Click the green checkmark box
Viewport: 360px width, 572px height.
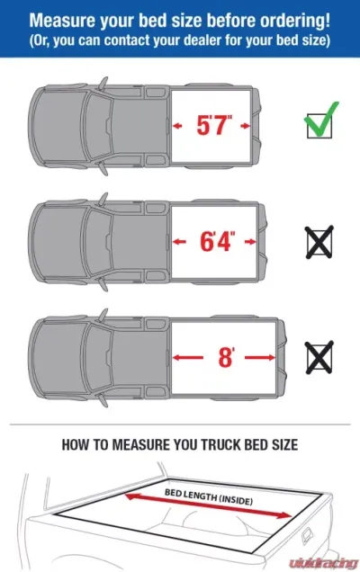click(x=319, y=121)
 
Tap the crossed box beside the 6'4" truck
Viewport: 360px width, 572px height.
click(x=319, y=242)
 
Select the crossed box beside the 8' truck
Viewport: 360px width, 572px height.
click(x=319, y=357)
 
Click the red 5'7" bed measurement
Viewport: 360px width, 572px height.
click(x=214, y=125)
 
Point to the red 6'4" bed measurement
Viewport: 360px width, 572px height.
click(x=218, y=241)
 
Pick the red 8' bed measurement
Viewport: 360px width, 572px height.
click(x=227, y=357)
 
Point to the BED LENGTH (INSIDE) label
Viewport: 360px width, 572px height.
click(x=209, y=496)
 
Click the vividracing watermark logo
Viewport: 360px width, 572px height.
click(x=323, y=562)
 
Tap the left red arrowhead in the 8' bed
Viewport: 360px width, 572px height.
click(x=176, y=358)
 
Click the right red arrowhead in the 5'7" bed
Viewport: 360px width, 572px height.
click(x=246, y=126)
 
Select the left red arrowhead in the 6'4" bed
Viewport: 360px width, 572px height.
click(x=176, y=242)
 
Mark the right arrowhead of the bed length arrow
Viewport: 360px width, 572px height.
click(x=286, y=515)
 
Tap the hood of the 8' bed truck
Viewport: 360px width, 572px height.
click(x=59, y=357)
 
